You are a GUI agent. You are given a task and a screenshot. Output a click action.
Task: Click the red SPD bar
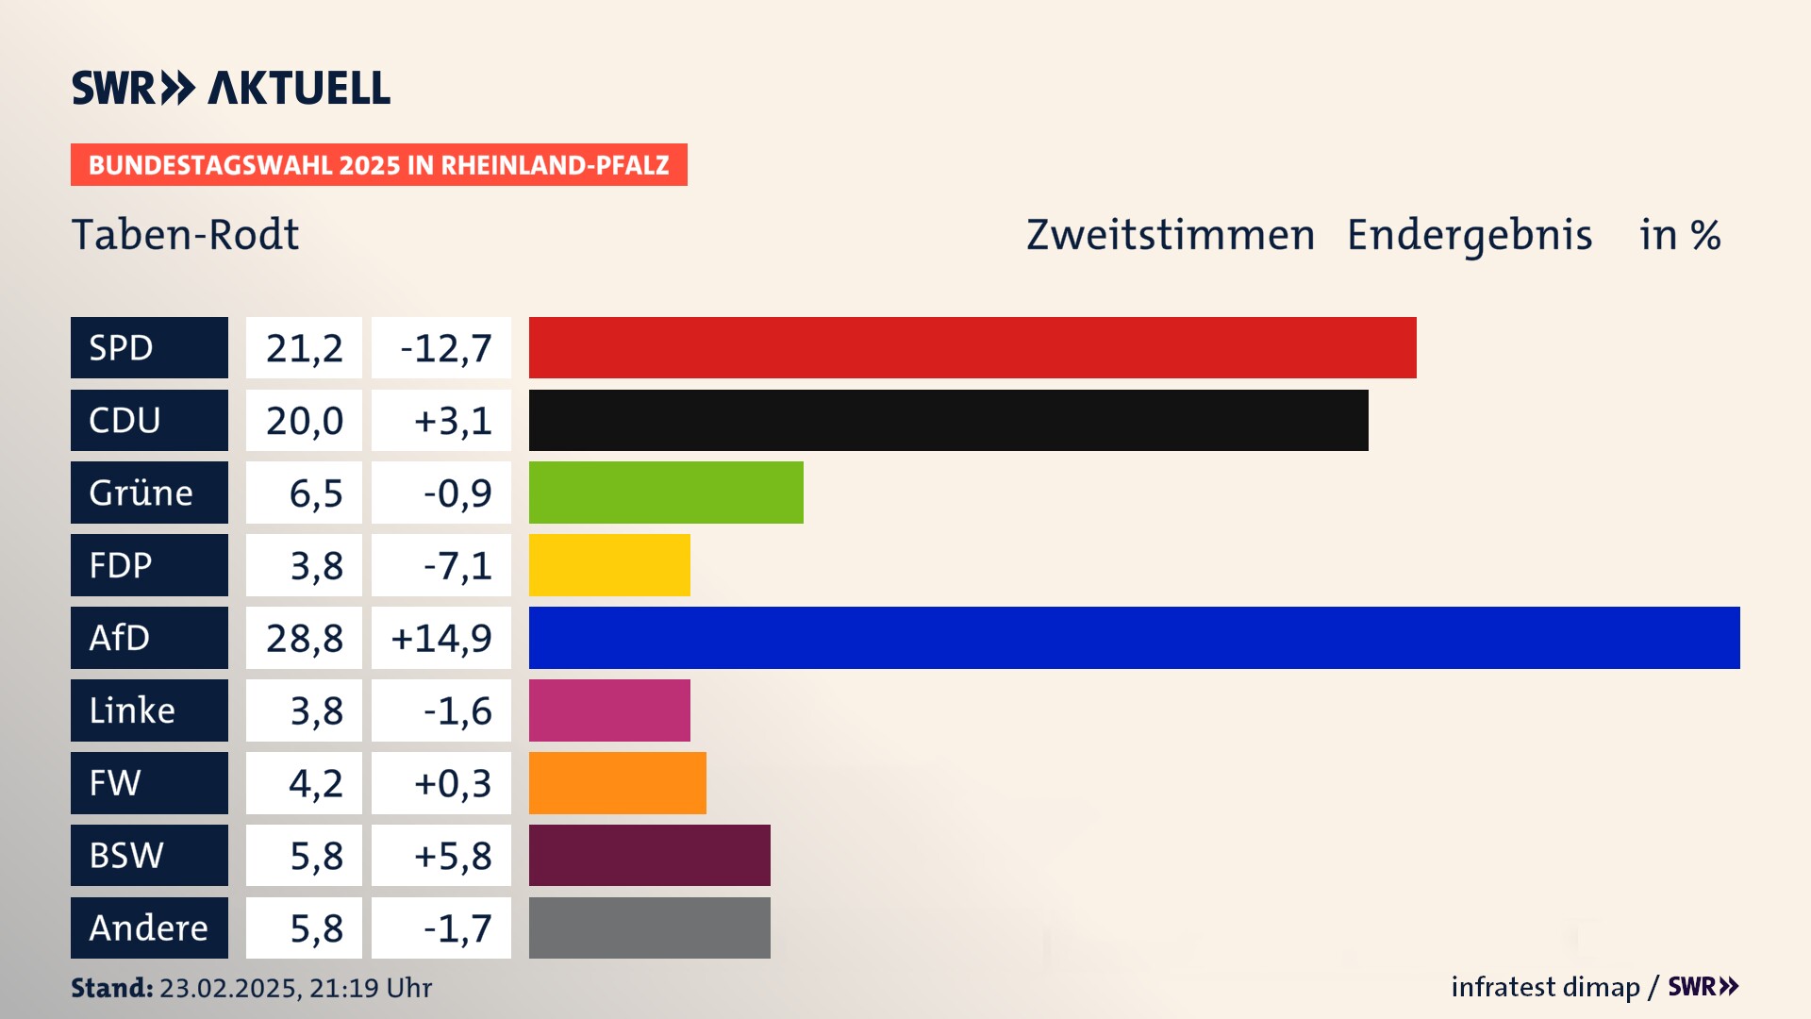pyautogui.click(x=972, y=348)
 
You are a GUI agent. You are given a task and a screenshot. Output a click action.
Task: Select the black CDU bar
pyautogui.click(x=948, y=421)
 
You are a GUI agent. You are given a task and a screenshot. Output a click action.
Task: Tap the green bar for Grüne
pyautogui.click(x=666, y=493)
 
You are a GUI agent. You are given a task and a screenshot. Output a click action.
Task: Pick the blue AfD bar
pyautogui.click(x=1134, y=638)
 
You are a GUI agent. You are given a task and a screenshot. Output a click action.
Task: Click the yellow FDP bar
pyautogui.click(x=609, y=565)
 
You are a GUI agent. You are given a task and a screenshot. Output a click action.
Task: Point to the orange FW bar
pyautogui.click(x=617, y=783)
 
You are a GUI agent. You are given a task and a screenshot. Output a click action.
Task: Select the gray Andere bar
pyautogui.click(x=649, y=928)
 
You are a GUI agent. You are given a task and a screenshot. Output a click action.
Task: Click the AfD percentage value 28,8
pyautogui.click(x=304, y=639)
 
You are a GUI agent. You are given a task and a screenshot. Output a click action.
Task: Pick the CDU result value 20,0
pyautogui.click(x=304, y=421)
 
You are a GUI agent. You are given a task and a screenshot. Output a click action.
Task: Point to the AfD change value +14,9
pyautogui.click(x=441, y=639)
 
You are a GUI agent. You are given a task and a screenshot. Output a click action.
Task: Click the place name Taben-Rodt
pyautogui.click(x=185, y=235)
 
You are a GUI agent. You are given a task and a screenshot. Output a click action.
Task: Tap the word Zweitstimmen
pyautogui.click(x=1170, y=235)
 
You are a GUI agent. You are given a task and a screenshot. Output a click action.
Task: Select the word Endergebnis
pyautogui.click(x=1469, y=235)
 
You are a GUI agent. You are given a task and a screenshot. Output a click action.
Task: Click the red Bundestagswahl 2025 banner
pyautogui.click(x=378, y=165)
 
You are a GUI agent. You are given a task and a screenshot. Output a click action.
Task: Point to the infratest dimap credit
pyautogui.click(x=1545, y=987)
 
